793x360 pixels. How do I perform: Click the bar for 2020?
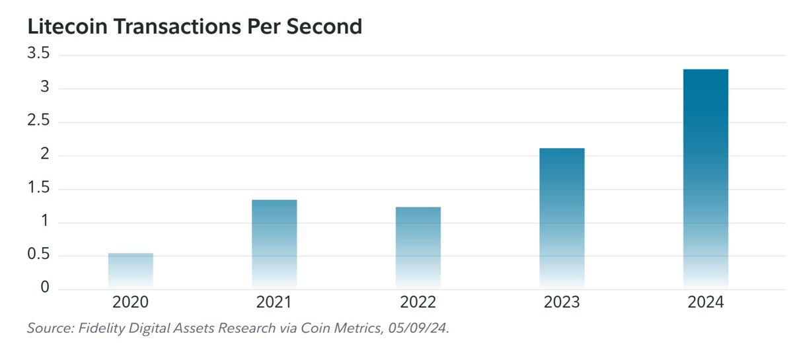click(x=131, y=271)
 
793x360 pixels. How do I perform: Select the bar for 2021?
click(x=274, y=245)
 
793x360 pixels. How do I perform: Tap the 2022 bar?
click(x=418, y=248)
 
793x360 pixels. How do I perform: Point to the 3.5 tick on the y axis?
click(x=38, y=54)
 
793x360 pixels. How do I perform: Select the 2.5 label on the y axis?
click(x=38, y=122)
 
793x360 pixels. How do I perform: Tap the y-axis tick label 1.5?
click(x=38, y=189)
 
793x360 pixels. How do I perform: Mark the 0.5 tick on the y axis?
click(x=38, y=256)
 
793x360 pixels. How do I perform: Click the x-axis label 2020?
click(x=131, y=303)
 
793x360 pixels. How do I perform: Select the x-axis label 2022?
click(x=418, y=303)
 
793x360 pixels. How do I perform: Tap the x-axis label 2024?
click(x=706, y=303)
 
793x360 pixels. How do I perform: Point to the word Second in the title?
click(x=323, y=26)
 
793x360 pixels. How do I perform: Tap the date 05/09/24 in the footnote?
click(x=424, y=328)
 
